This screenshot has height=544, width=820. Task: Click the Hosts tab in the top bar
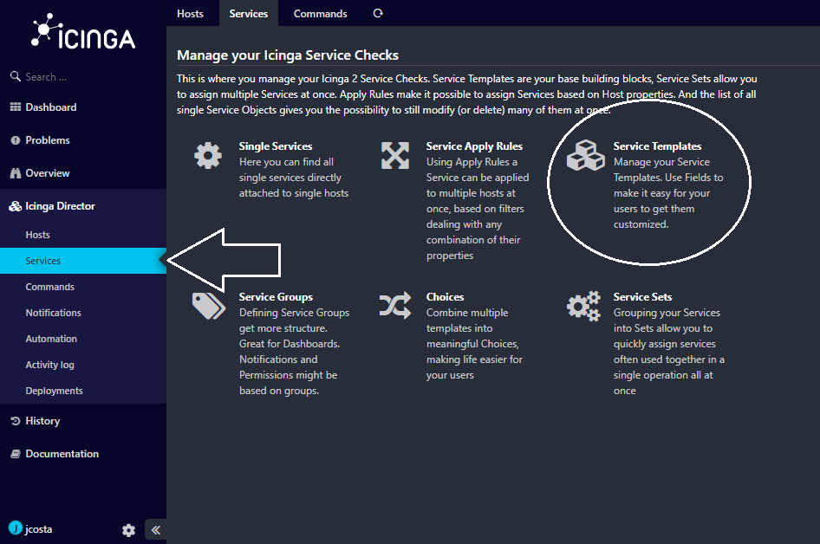190,14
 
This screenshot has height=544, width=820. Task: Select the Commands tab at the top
320,14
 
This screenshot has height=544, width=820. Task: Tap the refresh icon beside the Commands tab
378,13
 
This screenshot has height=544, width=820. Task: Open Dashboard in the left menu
51,107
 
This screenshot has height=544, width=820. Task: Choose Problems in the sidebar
47,140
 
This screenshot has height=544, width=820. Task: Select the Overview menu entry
47,173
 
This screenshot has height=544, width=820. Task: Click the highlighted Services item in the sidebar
42,261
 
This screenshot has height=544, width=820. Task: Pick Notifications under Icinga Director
54,313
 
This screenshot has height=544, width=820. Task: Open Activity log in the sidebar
49,365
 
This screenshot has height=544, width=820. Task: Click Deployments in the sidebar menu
54,391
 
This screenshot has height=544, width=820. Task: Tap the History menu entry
42,421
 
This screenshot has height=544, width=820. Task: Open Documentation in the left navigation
62,454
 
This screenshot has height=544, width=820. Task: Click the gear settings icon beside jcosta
128,530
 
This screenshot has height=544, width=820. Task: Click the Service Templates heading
657,146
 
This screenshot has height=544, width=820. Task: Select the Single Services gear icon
208,156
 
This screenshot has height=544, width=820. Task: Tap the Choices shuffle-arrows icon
395,306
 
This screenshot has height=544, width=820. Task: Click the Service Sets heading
642,297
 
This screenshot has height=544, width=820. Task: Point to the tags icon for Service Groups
209,306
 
